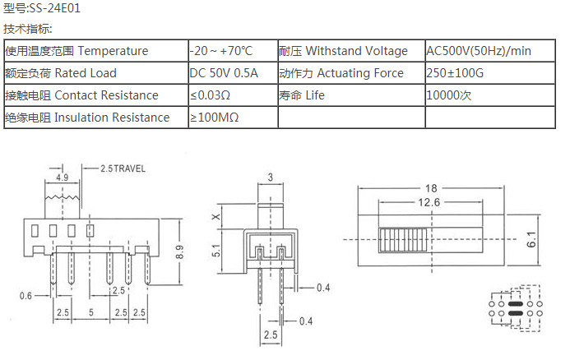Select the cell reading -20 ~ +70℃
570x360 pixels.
pyautogui.click(x=221, y=51)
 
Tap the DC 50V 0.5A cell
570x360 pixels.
pyautogui.click(x=224, y=73)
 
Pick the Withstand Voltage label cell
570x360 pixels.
pyautogui.click(x=343, y=51)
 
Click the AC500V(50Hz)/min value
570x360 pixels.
pyautogui.click(x=479, y=51)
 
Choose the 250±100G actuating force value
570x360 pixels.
pyautogui.click(x=456, y=73)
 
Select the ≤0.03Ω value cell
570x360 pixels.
pyautogui.click(x=210, y=95)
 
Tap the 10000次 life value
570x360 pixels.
pyautogui.click(x=448, y=95)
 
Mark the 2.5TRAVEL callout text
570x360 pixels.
pyautogui.click(x=123, y=168)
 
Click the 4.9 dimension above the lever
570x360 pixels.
pyautogui.click(x=62, y=178)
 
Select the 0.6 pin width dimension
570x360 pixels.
pyautogui.click(x=26, y=296)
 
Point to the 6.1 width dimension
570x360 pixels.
pyautogui.click(x=532, y=240)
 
